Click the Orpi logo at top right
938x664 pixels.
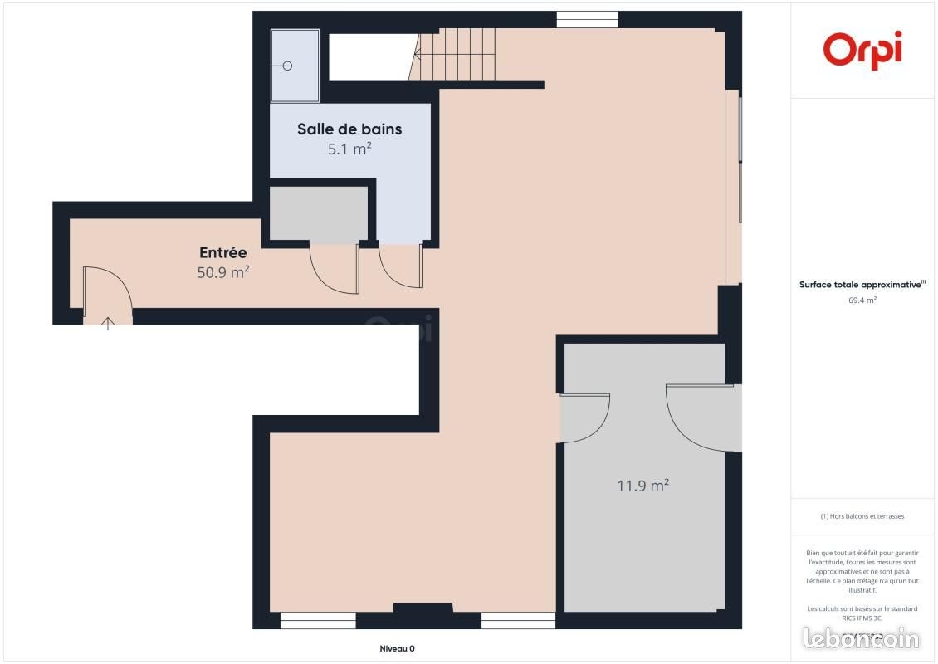(x=862, y=49)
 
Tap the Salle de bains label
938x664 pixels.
(x=349, y=129)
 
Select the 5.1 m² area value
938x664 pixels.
(x=349, y=149)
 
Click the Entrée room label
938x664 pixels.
(x=222, y=253)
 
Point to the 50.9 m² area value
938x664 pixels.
(x=222, y=271)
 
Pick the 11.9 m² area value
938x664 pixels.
(x=642, y=486)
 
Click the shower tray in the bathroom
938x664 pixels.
(x=295, y=66)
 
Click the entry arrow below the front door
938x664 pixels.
(x=108, y=323)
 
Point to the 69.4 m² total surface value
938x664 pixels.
(x=862, y=300)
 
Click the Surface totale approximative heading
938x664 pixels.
(x=861, y=284)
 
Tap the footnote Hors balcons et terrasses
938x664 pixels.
(x=862, y=516)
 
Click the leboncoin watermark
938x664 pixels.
(x=862, y=638)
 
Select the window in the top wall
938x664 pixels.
(x=587, y=19)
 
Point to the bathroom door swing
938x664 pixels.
(x=400, y=266)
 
